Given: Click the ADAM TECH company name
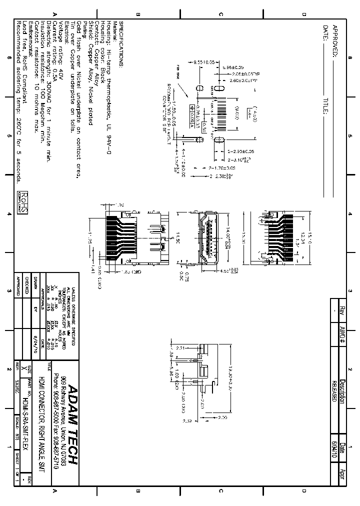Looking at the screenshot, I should coord(73,425).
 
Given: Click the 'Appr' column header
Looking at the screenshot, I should coord(342,474).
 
